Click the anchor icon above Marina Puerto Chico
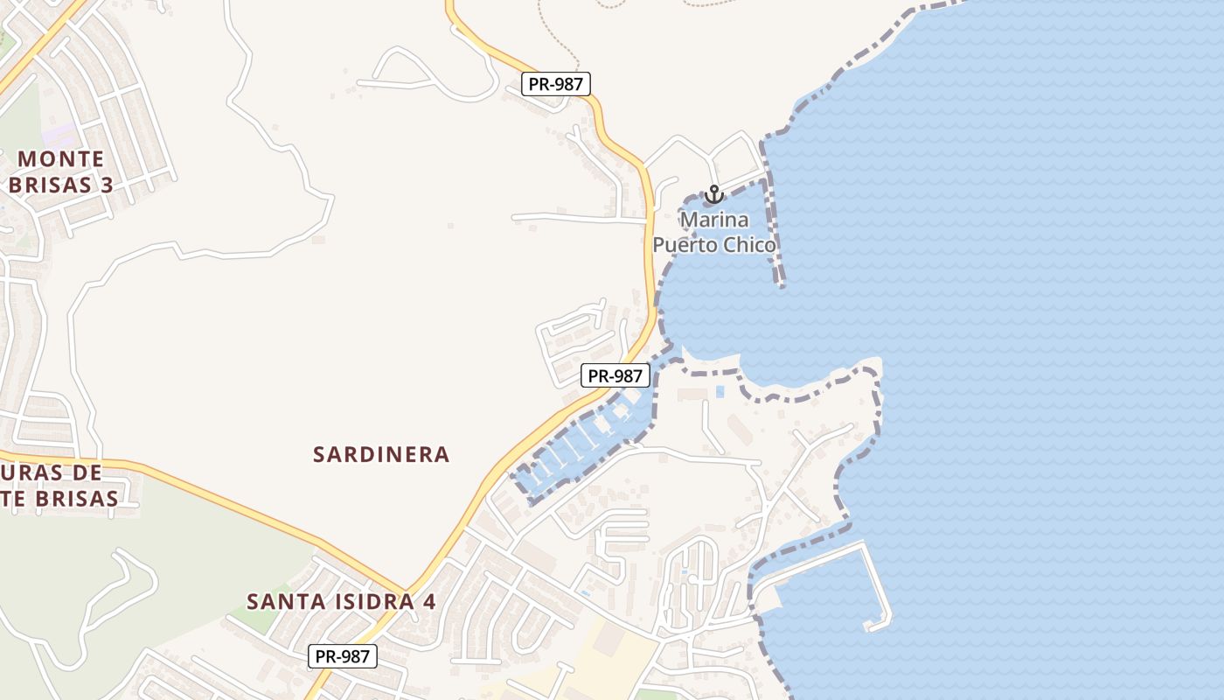pos(714,193)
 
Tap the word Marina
pos(714,219)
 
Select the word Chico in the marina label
pos(748,245)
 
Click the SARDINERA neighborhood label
pos(381,454)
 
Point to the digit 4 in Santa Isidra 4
pos(429,602)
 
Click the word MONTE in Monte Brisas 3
pos(61,159)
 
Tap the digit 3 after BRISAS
pos(108,185)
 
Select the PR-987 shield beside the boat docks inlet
pos(615,375)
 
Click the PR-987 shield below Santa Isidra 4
pos(342,655)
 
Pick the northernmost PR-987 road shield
pos(556,84)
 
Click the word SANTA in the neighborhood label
pos(279,602)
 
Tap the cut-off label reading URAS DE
pos(52,472)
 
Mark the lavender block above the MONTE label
pos(59,135)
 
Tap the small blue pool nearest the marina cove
pos(720,391)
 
